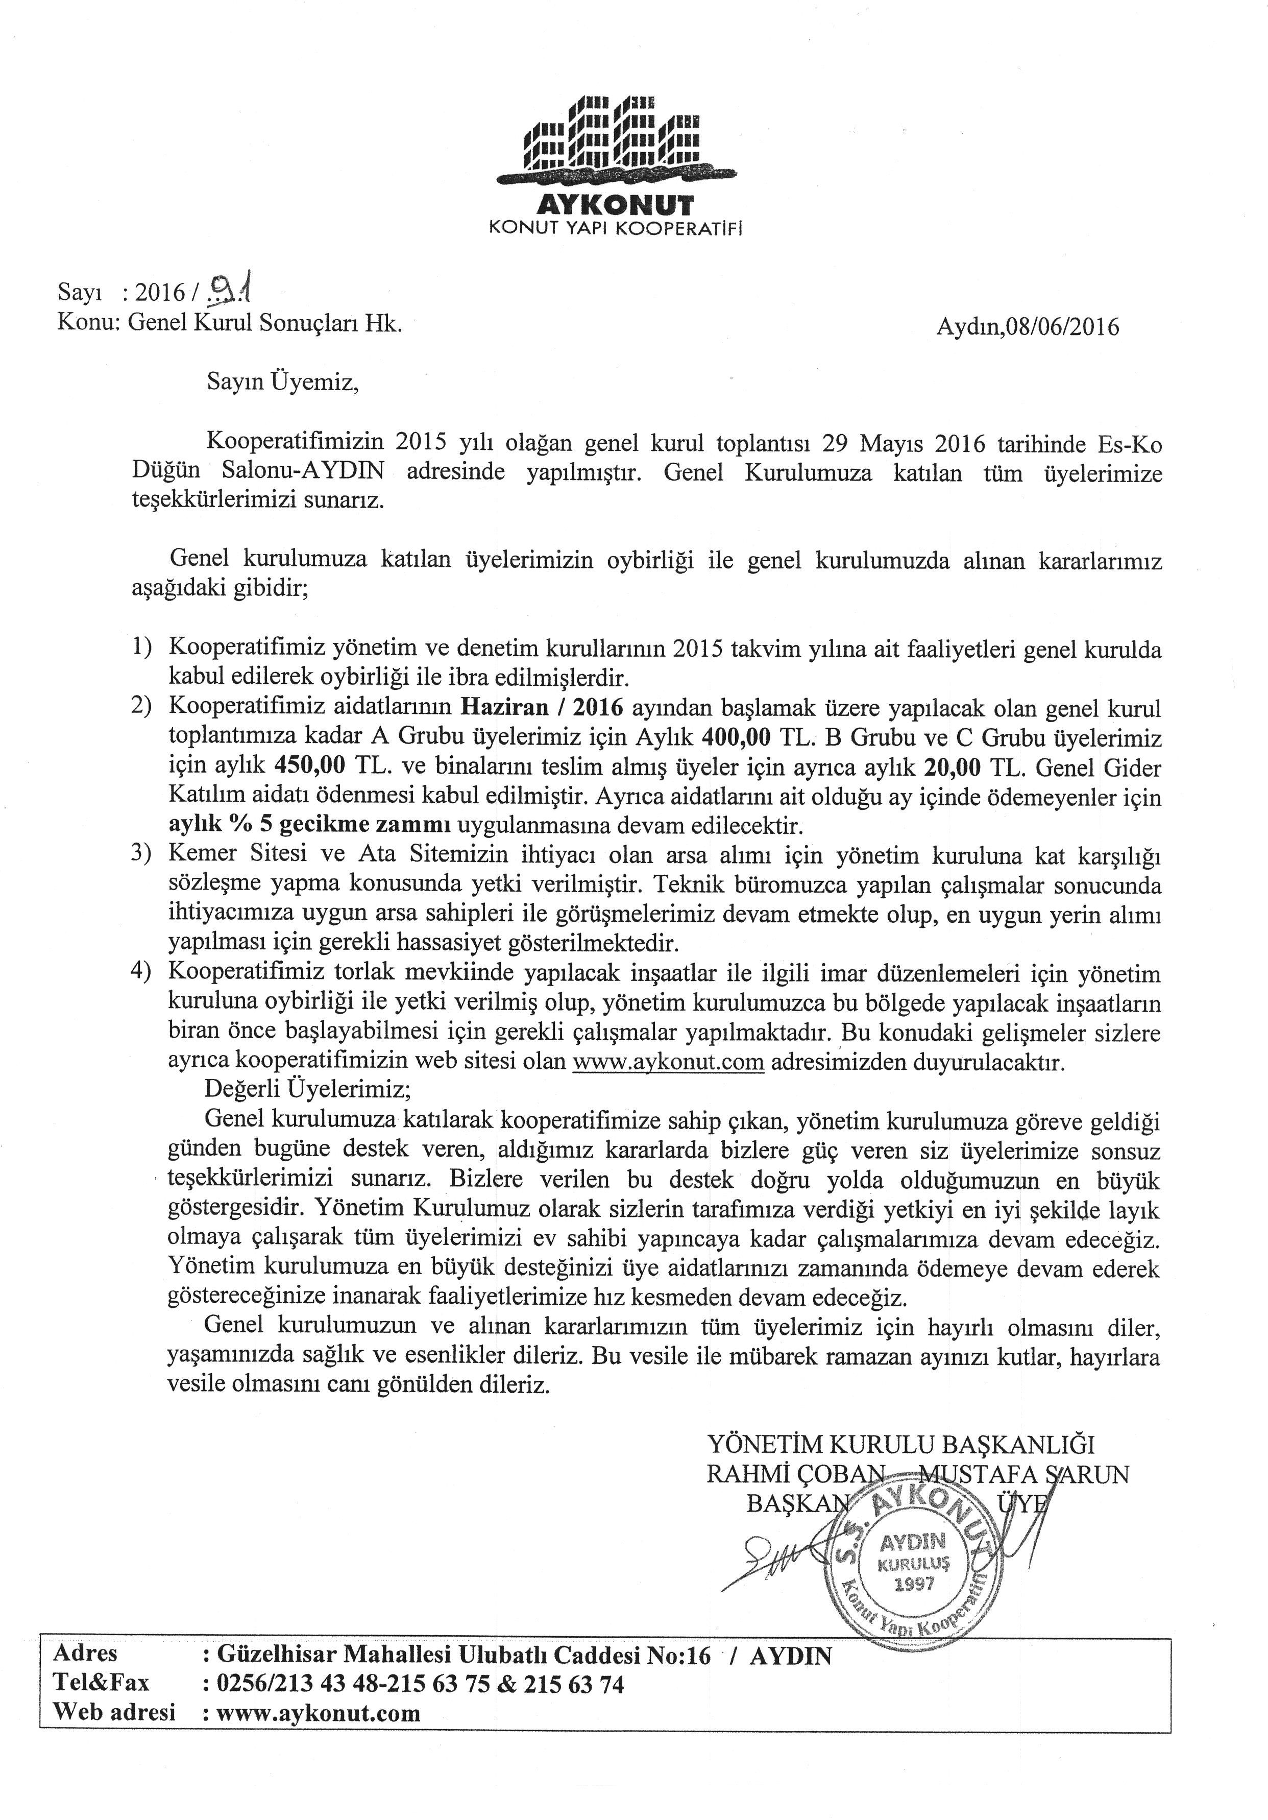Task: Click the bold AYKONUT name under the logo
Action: (616, 206)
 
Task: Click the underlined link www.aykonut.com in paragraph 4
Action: (668, 1061)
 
